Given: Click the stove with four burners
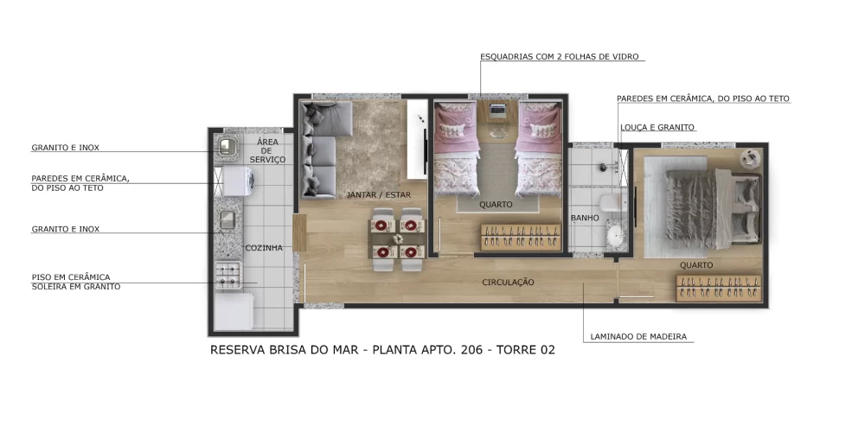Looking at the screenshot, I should pos(227,275).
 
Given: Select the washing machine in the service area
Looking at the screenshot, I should pos(237,181).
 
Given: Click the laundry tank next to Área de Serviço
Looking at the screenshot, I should pos(227,147).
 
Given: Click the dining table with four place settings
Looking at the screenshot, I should pos(398,238).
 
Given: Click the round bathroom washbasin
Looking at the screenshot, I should pos(615,234).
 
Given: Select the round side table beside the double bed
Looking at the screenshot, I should pos(749,157).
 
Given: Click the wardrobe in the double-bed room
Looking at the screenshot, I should pos(719,287).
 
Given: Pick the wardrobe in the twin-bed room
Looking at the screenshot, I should pos(519,234).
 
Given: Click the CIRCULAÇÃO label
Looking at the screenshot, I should pos(508,283).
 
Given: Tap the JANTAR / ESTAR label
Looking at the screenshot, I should pos(377,195).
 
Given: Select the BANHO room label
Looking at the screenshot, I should pos(585,219).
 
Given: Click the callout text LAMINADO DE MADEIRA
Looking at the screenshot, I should pos(638,336).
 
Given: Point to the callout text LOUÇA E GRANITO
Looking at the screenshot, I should pos(657,127).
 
